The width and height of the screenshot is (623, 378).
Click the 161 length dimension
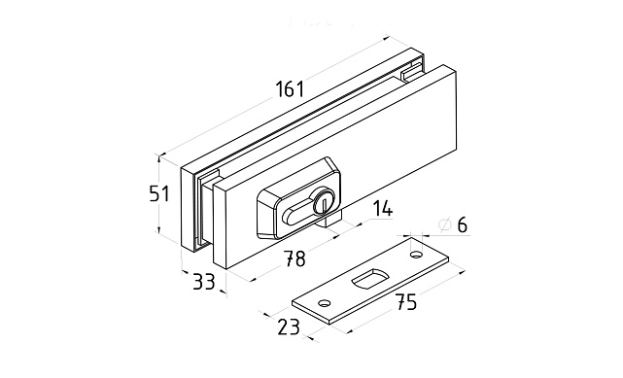tap(290, 88)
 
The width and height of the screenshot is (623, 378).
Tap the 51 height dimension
tap(159, 193)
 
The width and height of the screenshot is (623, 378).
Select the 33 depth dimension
tap(204, 282)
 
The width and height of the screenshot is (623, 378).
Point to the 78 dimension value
tap(294, 258)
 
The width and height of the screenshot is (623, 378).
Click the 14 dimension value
tap(382, 209)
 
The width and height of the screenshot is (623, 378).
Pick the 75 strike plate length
tap(405, 302)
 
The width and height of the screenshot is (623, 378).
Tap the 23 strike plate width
tap(289, 327)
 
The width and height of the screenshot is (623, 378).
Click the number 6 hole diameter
tap(462, 225)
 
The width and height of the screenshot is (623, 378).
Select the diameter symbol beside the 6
tap(445, 224)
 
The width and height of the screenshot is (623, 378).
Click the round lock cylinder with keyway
tap(323, 201)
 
